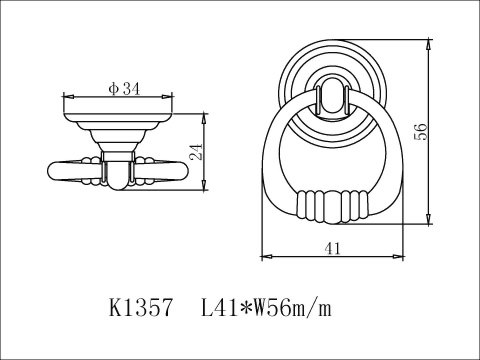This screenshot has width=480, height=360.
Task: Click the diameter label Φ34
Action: [124, 89]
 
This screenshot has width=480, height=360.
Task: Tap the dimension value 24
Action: [197, 152]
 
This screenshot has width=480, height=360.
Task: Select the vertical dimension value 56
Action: [421, 132]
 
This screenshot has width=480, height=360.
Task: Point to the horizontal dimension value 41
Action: [333, 248]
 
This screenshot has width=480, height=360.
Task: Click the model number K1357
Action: [141, 308]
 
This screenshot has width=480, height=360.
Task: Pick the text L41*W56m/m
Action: [267, 308]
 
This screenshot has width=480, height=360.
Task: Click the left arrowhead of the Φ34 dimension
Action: [68, 97]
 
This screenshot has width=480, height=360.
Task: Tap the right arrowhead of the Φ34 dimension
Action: [168, 97]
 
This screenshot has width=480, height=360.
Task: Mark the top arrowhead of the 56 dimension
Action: [428, 45]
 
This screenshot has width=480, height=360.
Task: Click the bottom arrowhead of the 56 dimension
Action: [428, 220]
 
